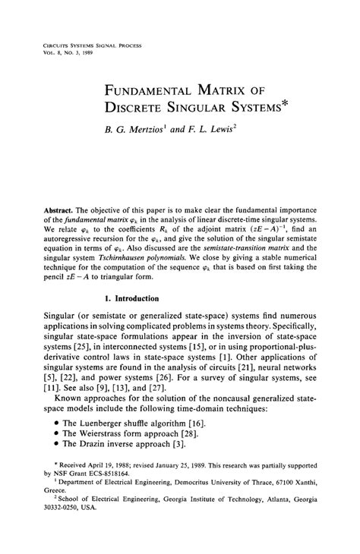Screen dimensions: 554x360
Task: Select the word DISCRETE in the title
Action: click(141, 116)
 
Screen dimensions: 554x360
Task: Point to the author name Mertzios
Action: click(152, 139)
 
